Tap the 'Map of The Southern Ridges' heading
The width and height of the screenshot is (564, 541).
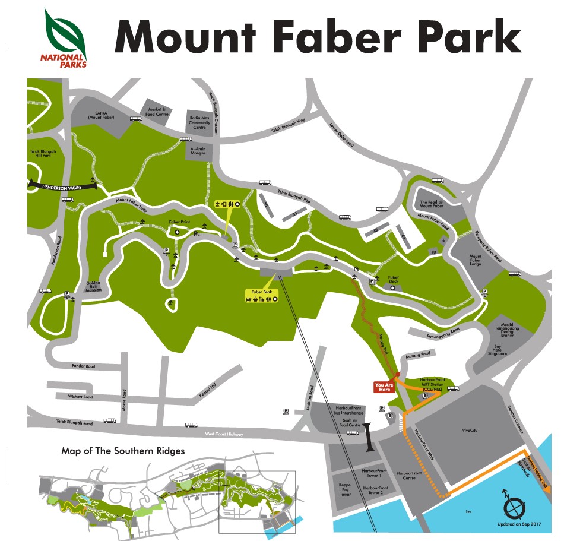[123, 451]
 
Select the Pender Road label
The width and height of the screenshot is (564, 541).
[83, 366]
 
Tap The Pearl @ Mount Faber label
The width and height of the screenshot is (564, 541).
[432, 204]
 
